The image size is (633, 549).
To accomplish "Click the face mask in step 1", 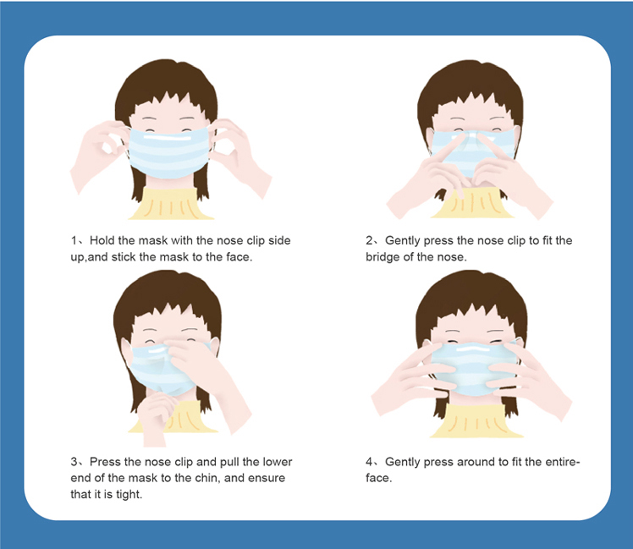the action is pyautogui.click(x=169, y=152).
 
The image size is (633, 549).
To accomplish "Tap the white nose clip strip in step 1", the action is pyautogui.click(x=167, y=137).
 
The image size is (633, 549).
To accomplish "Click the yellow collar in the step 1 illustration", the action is pyautogui.click(x=170, y=204).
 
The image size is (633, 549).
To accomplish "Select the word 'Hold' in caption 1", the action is pyautogui.click(x=101, y=240).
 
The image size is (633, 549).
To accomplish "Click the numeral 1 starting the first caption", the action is pyautogui.click(x=74, y=241).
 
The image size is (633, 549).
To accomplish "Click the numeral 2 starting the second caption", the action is pyautogui.click(x=369, y=241).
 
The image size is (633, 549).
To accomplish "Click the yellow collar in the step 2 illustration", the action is pyautogui.click(x=471, y=206).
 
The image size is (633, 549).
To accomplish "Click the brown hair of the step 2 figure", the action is pyautogui.click(x=471, y=87).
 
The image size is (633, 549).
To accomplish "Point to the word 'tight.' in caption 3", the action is pyautogui.click(x=129, y=495).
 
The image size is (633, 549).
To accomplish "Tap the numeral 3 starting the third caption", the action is pyautogui.click(x=74, y=462).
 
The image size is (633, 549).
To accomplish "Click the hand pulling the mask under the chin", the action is pyautogui.click(x=157, y=416).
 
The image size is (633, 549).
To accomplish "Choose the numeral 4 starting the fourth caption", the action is pyautogui.click(x=369, y=462).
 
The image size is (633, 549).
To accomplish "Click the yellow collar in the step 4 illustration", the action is pyautogui.click(x=476, y=420).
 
